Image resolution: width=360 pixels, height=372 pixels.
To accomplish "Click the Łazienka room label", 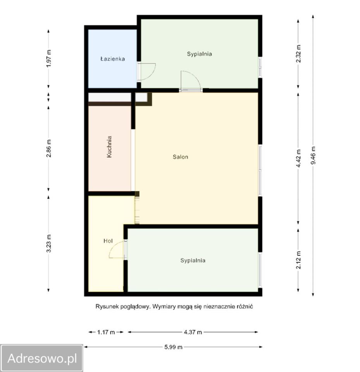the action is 112,59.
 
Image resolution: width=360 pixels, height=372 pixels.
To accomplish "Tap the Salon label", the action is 180,157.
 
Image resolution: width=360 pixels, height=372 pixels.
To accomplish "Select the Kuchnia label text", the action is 109,146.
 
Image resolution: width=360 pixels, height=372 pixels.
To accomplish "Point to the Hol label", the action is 108,241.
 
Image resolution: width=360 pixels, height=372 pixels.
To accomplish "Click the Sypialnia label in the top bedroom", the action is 199,54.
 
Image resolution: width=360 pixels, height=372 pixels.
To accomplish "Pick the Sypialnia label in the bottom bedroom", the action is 193,260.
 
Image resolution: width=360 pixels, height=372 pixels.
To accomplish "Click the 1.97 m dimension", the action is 49,59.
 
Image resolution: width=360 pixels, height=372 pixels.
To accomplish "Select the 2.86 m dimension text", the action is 49,148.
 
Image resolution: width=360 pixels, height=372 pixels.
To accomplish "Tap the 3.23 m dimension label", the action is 49,243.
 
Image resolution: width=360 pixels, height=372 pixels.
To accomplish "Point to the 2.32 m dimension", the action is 298,53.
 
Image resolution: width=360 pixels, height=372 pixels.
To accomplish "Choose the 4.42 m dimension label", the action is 298,158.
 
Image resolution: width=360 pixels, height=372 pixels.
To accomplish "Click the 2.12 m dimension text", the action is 298,260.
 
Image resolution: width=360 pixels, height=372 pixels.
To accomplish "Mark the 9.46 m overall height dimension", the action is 313,155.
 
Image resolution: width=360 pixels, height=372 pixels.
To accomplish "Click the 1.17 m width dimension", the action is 106,332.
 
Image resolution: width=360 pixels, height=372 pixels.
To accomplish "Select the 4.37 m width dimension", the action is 193,332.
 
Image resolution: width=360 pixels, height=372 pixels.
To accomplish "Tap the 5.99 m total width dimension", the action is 173,347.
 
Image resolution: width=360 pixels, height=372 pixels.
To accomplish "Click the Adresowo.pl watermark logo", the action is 41,358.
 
